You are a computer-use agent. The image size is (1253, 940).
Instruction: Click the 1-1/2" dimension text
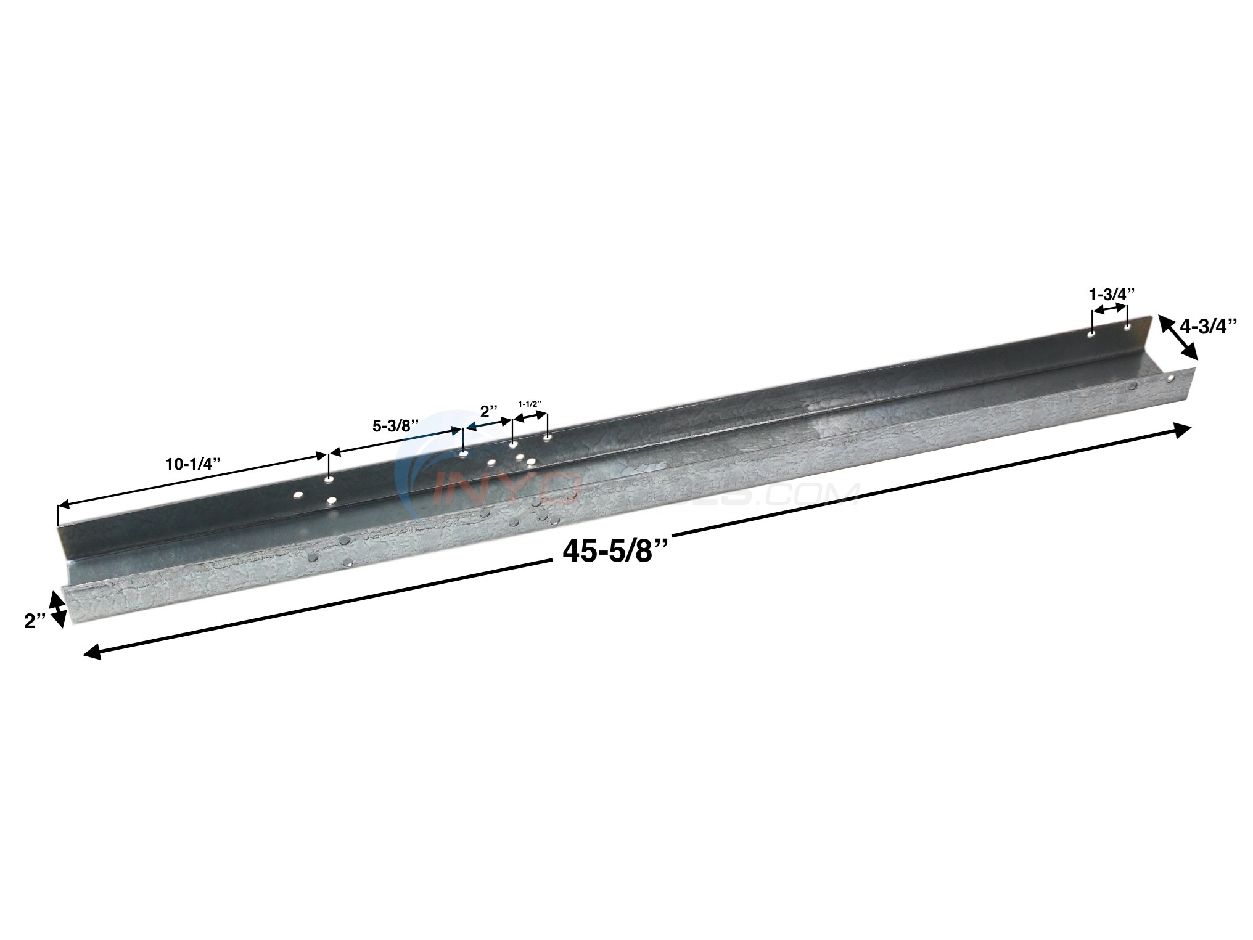click(530, 403)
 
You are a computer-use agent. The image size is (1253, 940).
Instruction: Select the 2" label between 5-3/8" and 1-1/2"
click(488, 411)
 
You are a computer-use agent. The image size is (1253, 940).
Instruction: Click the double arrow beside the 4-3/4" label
click(1178, 337)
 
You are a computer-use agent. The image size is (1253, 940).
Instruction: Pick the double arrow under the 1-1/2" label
click(530, 416)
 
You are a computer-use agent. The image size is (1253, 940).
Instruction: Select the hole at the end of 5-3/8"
click(463, 455)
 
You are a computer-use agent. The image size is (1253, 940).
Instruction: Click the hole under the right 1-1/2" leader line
click(547, 438)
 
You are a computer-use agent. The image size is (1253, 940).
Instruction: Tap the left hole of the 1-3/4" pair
click(1091, 335)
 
